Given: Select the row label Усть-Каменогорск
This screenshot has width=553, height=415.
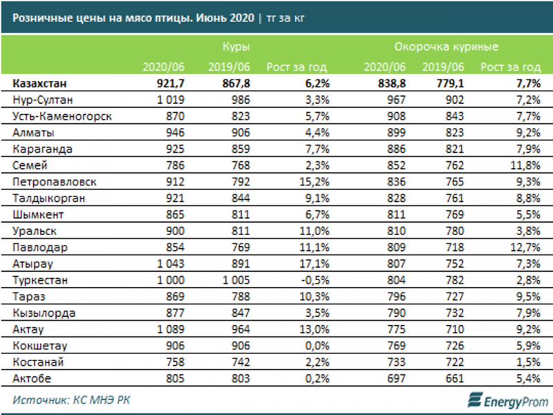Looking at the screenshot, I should (x=62, y=116).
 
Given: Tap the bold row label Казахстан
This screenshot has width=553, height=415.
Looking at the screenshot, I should (x=41, y=84).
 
